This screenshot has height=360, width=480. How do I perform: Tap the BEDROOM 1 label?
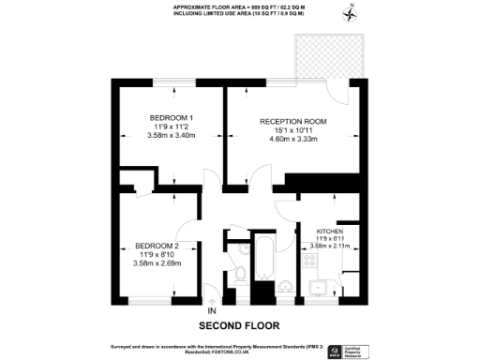[170, 118]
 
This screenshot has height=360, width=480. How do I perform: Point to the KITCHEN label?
[329, 231]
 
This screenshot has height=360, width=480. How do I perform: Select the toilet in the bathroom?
[240, 274]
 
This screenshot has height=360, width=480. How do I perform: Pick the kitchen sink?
[320, 286]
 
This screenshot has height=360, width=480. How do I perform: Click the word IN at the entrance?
[211, 310]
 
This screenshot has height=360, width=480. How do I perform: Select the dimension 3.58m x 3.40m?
[170, 136]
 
